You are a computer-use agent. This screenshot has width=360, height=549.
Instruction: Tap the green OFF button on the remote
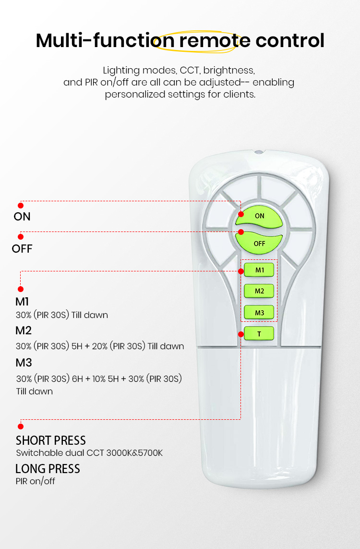[x=259, y=242]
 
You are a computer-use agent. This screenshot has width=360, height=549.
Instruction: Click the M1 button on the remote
[x=259, y=270]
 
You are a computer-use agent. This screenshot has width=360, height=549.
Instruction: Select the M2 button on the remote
[x=259, y=291]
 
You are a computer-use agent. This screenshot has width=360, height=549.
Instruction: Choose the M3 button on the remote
[x=259, y=312]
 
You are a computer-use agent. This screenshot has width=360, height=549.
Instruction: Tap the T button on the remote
[x=259, y=334]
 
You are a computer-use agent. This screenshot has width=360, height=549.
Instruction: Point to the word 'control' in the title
[x=290, y=40]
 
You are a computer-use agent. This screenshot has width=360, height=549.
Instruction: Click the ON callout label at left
[x=22, y=217]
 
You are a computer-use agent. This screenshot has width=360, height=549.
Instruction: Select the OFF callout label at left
[x=22, y=249]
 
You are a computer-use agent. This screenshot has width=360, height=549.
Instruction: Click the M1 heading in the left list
[x=22, y=302]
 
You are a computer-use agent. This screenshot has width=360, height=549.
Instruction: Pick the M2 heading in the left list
[x=24, y=330]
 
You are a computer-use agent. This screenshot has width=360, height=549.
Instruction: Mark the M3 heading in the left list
[x=24, y=363]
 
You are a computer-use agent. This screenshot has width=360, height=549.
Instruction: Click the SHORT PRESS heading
[x=51, y=440]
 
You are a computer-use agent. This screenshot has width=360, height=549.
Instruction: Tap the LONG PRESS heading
[x=48, y=469]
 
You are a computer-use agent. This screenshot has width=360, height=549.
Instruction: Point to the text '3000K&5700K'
[x=134, y=453]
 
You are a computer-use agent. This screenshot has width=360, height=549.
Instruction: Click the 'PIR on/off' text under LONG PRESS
[x=36, y=481]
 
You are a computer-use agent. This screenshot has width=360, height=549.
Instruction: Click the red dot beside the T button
[x=240, y=334]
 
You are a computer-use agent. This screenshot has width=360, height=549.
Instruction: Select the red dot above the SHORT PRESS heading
[x=21, y=427]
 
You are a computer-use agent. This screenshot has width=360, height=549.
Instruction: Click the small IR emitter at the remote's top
[x=259, y=152]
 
